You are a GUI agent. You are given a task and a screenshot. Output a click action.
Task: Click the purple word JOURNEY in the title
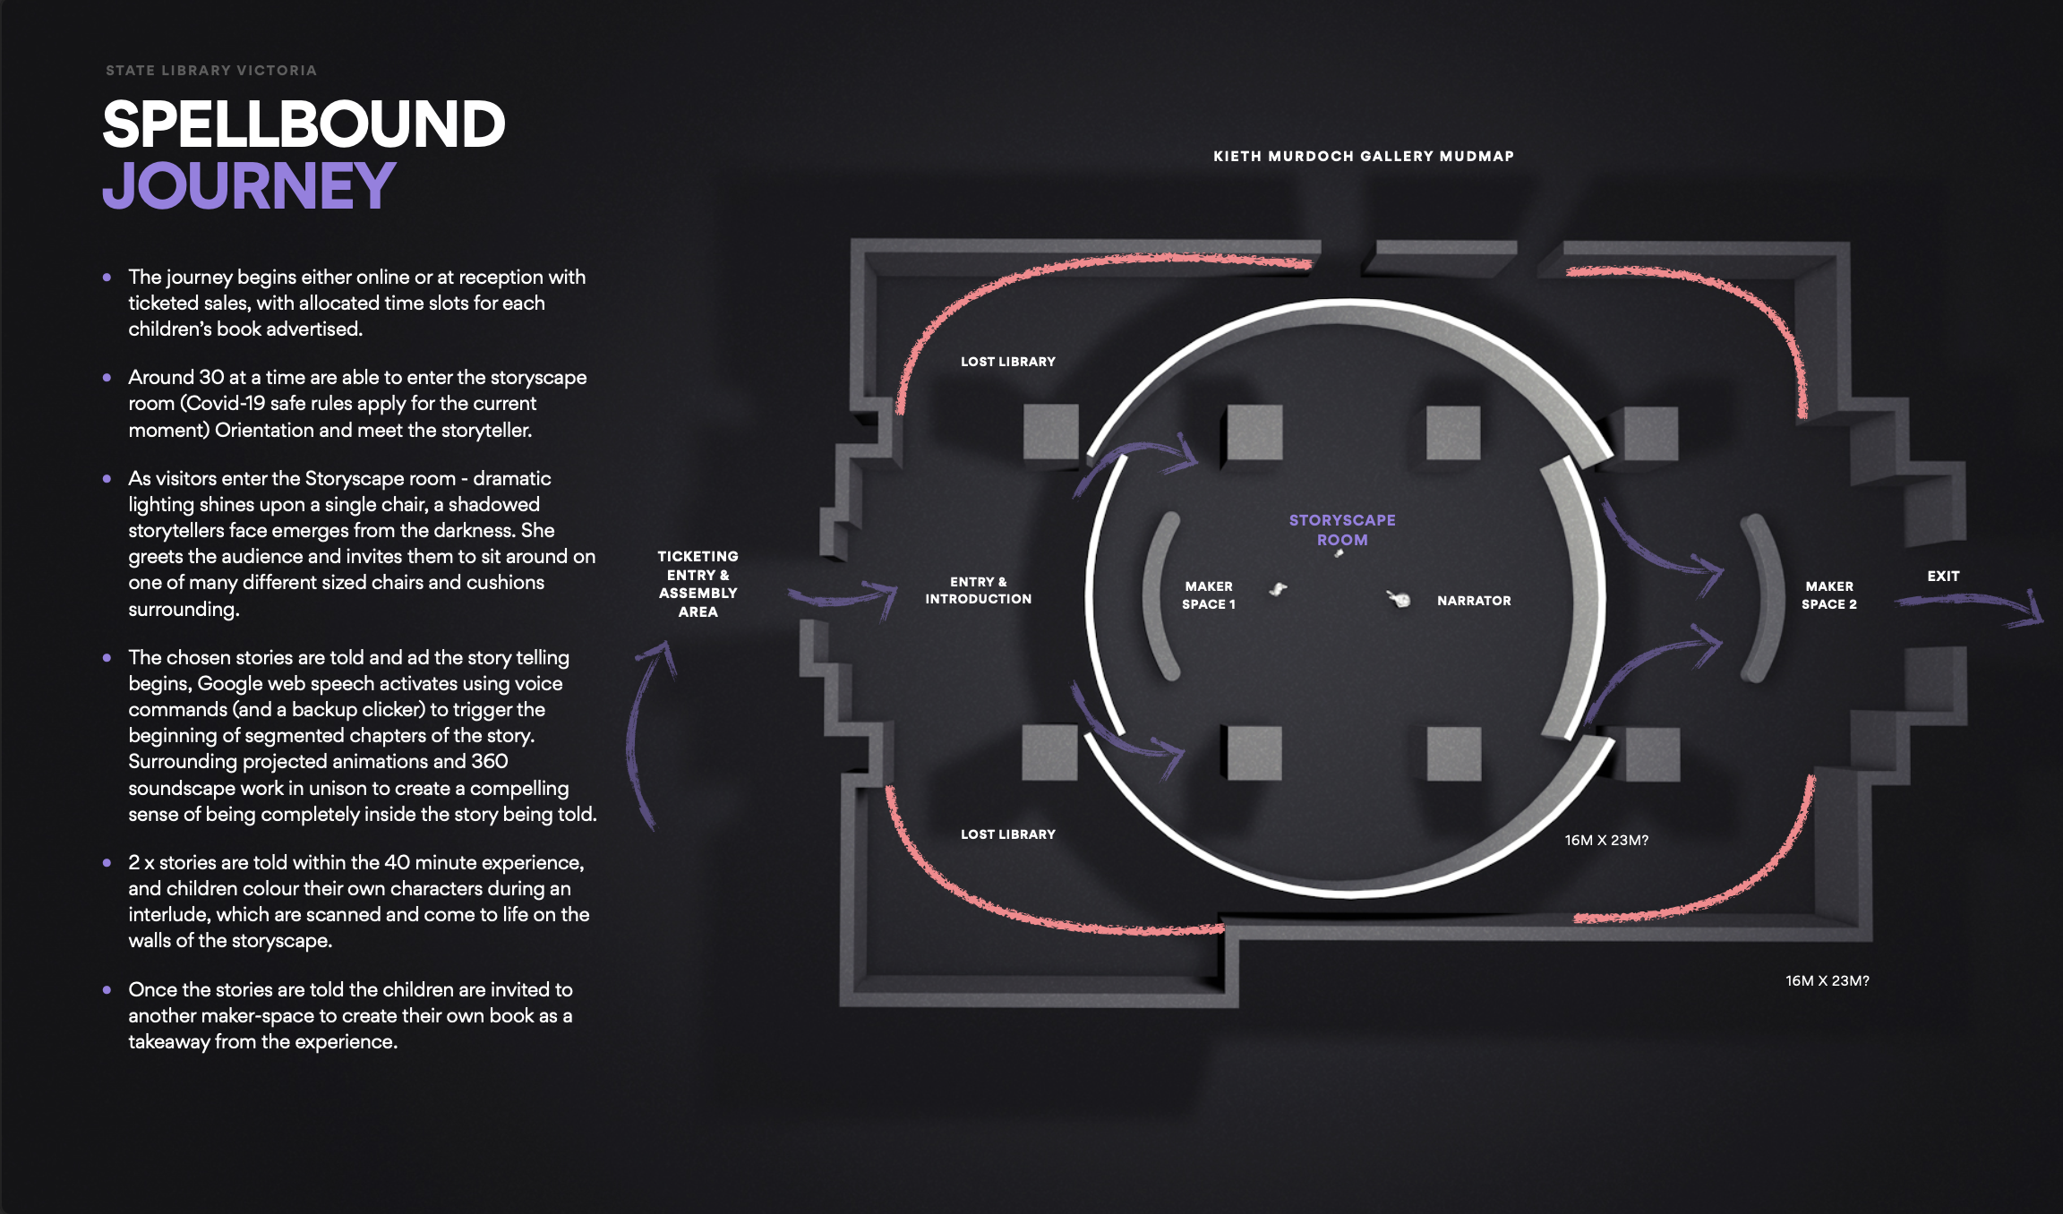tap(249, 186)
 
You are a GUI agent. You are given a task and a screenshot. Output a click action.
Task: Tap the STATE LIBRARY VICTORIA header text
tap(211, 71)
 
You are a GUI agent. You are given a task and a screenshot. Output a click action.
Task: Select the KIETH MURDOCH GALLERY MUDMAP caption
tap(1363, 157)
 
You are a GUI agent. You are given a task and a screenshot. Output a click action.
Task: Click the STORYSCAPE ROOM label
tap(1342, 530)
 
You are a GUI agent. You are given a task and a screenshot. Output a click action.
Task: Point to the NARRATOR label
tap(1474, 601)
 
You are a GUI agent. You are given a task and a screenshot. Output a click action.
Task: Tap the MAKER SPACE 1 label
tap(1209, 595)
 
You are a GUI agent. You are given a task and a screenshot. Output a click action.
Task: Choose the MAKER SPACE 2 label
tap(1829, 595)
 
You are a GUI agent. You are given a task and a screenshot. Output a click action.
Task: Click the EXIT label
tap(1943, 577)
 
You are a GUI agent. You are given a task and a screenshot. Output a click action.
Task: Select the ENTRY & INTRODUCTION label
tap(978, 590)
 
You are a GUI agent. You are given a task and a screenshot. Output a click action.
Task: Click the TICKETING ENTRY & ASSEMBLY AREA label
tap(698, 584)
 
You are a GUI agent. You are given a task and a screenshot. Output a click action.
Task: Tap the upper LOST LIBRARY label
tap(1008, 362)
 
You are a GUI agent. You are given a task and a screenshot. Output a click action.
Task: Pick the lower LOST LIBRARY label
tap(1008, 834)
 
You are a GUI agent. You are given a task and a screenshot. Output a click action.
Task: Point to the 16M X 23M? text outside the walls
tap(1827, 981)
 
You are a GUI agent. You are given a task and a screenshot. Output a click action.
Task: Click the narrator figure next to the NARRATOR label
tap(1399, 598)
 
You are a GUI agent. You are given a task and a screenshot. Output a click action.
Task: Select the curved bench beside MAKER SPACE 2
tap(1759, 598)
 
